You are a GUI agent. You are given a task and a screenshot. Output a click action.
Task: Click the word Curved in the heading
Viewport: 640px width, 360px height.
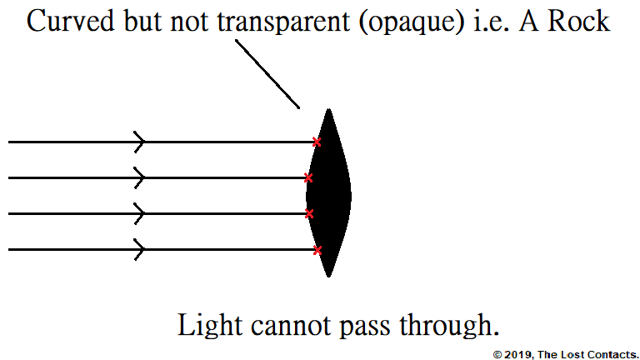pyautogui.click(x=67, y=22)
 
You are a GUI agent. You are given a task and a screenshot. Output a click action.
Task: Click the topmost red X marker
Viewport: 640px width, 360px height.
pyautogui.click(x=316, y=142)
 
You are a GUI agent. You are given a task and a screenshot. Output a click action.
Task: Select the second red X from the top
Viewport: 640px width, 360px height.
pyautogui.click(x=308, y=177)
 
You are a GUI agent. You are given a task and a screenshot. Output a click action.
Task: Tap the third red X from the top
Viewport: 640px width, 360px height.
pyautogui.click(x=308, y=214)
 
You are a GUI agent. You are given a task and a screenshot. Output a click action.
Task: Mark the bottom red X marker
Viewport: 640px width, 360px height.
pyautogui.click(x=317, y=249)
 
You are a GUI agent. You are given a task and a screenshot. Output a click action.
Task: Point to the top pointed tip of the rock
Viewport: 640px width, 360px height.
pyautogui.click(x=330, y=111)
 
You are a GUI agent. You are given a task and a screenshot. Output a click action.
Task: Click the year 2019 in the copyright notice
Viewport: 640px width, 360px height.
pyautogui.click(x=517, y=354)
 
